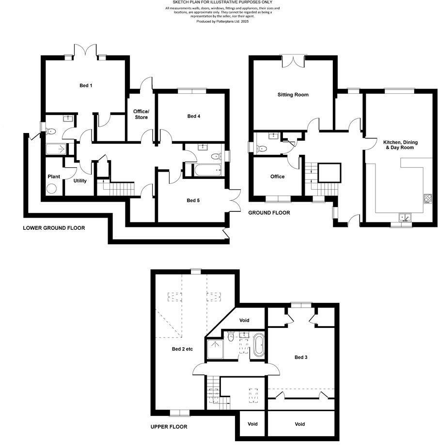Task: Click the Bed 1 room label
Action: point(86,86)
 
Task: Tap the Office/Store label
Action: point(141,114)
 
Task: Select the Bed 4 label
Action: point(193,116)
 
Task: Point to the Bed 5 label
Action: point(193,200)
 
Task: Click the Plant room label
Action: point(54,177)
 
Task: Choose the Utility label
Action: point(80,181)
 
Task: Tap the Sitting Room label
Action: point(293,95)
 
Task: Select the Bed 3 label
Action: point(301,357)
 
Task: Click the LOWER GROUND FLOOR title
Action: point(54,228)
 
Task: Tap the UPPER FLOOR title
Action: point(169,427)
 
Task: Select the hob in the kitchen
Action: point(428,198)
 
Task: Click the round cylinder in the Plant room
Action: point(52,188)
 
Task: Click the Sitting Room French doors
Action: point(294,60)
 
